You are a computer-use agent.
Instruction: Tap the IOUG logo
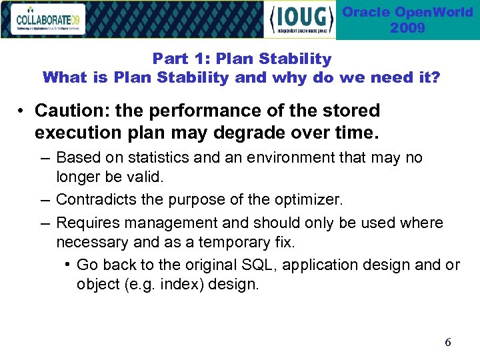(x=299, y=20)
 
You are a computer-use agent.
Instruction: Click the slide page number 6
(x=447, y=342)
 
